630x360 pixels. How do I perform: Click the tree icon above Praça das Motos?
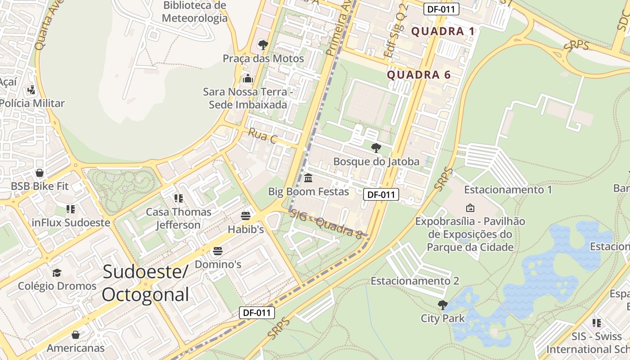pyautogui.click(x=263, y=45)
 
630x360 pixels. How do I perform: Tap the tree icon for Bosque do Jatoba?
pyautogui.click(x=376, y=148)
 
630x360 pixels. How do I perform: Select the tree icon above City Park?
pyautogui.click(x=443, y=305)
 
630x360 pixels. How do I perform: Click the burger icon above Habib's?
pyautogui.click(x=246, y=216)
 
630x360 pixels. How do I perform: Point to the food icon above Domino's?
pyautogui.click(x=218, y=251)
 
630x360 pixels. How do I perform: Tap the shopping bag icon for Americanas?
pyautogui.click(x=76, y=334)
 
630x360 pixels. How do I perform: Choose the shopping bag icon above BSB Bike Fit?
pyautogui.click(x=40, y=173)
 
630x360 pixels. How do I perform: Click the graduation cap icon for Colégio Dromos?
pyautogui.click(x=57, y=273)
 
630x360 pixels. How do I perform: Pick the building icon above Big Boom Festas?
pyautogui.click(x=308, y=178)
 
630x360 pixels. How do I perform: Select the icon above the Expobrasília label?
pyautogui.click(x=470, y=207)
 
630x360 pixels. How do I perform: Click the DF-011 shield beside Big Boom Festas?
pyautogui.click(x=381, y=194)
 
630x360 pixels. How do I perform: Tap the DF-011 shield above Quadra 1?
pyautogui.click(x=441, y=9)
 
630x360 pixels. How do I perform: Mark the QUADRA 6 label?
pyautogui.click(x=418, y=75)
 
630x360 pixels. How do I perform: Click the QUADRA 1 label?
pyautogui.click(x=443, y=31)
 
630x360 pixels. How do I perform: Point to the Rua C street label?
pyautogui.click(x=262, y=136)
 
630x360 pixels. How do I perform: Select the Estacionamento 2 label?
pyautogui.click(x=414, y=281)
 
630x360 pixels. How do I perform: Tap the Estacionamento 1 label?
pyautogui.click(x=508, y=189)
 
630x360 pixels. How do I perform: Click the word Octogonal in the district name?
pyautogui.click(x=145, y=295)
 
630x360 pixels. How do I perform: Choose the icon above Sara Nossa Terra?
pyautogui.click(x=247, y=79)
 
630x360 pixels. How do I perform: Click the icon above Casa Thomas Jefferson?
pyautogui.click(x=178, y=198)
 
